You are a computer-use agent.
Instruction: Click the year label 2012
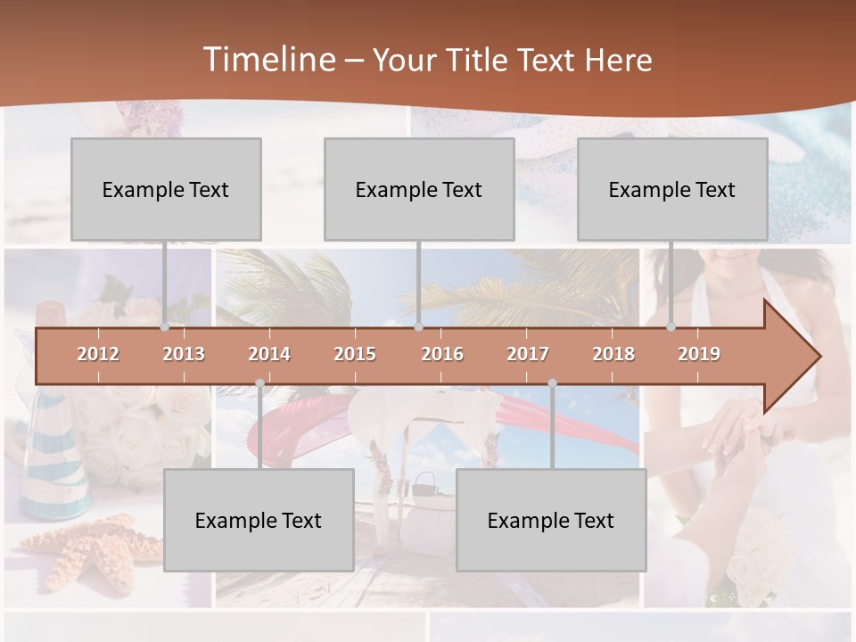pyautogui.click(x=98, y=354)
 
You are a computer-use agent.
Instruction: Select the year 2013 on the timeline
pyautogui.click(x=184, y=354)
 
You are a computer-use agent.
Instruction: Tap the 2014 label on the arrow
pyautogui.click(x=269, y=354)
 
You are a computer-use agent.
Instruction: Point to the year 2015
pyautogui.click(x=355, y=354)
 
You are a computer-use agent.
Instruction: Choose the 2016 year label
pyautogui.click(x=442, y=354)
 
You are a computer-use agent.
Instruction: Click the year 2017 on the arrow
pyautogui.click(x=528, y=354)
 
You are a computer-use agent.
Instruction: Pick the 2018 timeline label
pyautogui.click(x=613, y=354)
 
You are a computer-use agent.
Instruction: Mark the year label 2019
pyautogui.click(x=699, y=354)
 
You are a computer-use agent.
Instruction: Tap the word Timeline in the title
pyautogui.click(x=268, y=60)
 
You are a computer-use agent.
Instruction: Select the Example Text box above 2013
pyautogui.click(x=166, y=189)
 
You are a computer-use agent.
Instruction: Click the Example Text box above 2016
pyautogui.click(x=419, y=189)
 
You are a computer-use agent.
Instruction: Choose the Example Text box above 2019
pyautogui.click(x=672, y=189)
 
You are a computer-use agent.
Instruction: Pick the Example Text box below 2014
pyautogui.click(x=259, y=520)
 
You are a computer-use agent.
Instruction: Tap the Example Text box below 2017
pyautogui.click(x=551, y=520)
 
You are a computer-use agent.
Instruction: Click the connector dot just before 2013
pyautogui.click(x=165, y=327)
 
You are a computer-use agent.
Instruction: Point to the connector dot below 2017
pyautogui.click(x=552, y=383)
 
